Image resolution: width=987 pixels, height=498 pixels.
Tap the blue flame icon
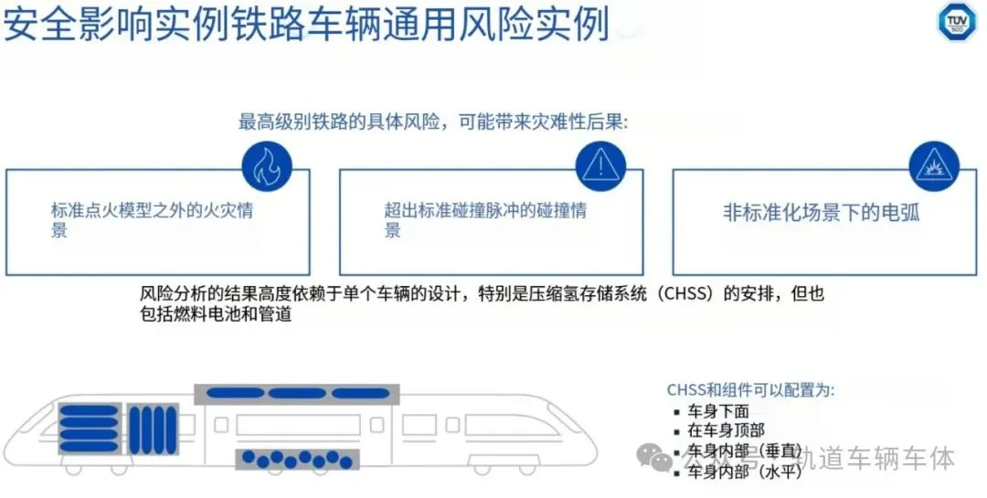coord(267,165)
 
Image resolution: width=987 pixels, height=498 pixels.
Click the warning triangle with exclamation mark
coord(600,165)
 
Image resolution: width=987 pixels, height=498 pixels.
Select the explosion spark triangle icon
coord(933,165)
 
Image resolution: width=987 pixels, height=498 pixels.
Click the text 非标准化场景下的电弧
coord(821,214)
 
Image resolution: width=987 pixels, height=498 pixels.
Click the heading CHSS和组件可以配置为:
coord(751,390)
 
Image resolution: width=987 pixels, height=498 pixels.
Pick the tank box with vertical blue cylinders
coord(151,427)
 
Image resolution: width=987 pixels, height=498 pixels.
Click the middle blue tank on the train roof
coord(298,394)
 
